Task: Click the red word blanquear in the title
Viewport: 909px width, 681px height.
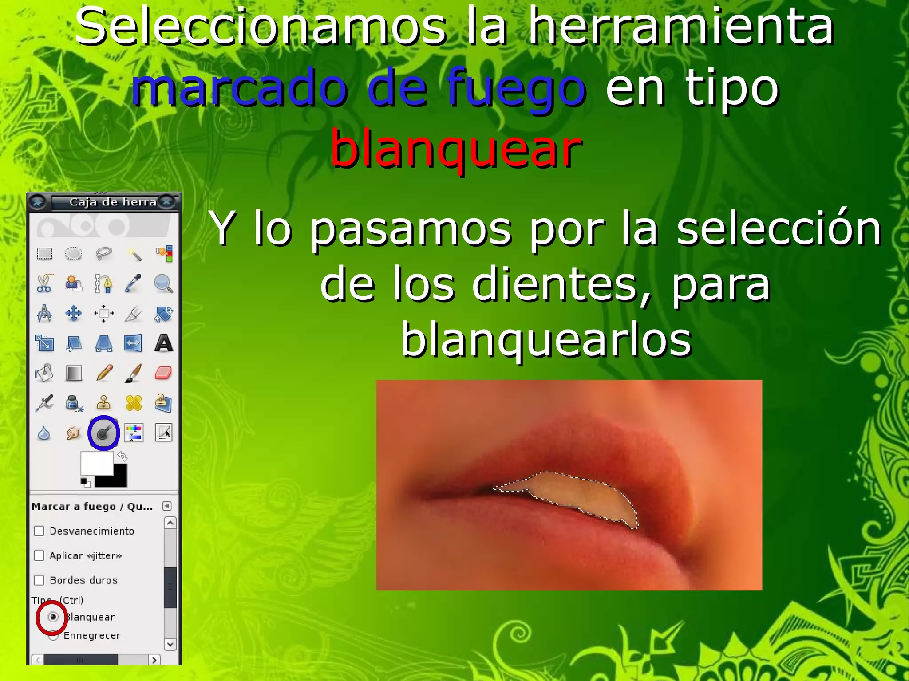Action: (x=456, y=149)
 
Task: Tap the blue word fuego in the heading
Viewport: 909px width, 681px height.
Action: (x=516, y=88)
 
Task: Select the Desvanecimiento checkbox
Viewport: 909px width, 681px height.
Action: (x=40, y=531)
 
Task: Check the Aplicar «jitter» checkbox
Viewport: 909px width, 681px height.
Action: (x=40, y=555)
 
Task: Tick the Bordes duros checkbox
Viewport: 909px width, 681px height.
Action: (x=40, y=580)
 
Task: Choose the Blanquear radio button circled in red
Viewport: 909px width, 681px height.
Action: (x=53, y=617)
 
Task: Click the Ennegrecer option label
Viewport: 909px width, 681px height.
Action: (x=92, y=635)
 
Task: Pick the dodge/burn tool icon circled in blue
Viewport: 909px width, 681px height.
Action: (x=103, y=433)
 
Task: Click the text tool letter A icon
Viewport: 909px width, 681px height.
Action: (x=163, y=343)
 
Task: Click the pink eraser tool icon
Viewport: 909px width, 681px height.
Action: (x=163, y=373)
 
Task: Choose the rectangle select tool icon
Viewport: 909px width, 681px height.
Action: (x=44, y=254)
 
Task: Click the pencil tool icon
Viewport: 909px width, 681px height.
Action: (x=104, y=373)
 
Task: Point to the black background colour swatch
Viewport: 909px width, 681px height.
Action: (x=116, y=479)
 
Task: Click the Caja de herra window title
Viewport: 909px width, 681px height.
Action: (x=113, y=202)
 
